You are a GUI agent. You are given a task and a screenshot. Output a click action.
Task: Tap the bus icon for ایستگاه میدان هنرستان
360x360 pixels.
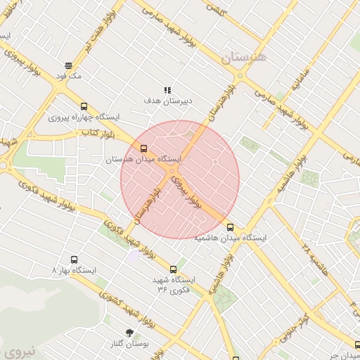pyautogui.click(x=144, y=148)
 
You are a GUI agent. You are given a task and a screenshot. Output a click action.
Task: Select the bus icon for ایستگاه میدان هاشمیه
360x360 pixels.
pyautogui.click(x=231, y=226)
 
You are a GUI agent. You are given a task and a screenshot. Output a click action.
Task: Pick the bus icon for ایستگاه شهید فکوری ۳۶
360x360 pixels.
pyautogui.click(x=174, y=269)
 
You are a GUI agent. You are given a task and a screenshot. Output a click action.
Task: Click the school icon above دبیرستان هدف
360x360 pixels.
pyautogui.click(x=167, y=90)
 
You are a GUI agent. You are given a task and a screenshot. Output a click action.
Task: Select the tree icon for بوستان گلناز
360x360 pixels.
pyautogui.click(x=129, y=331)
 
